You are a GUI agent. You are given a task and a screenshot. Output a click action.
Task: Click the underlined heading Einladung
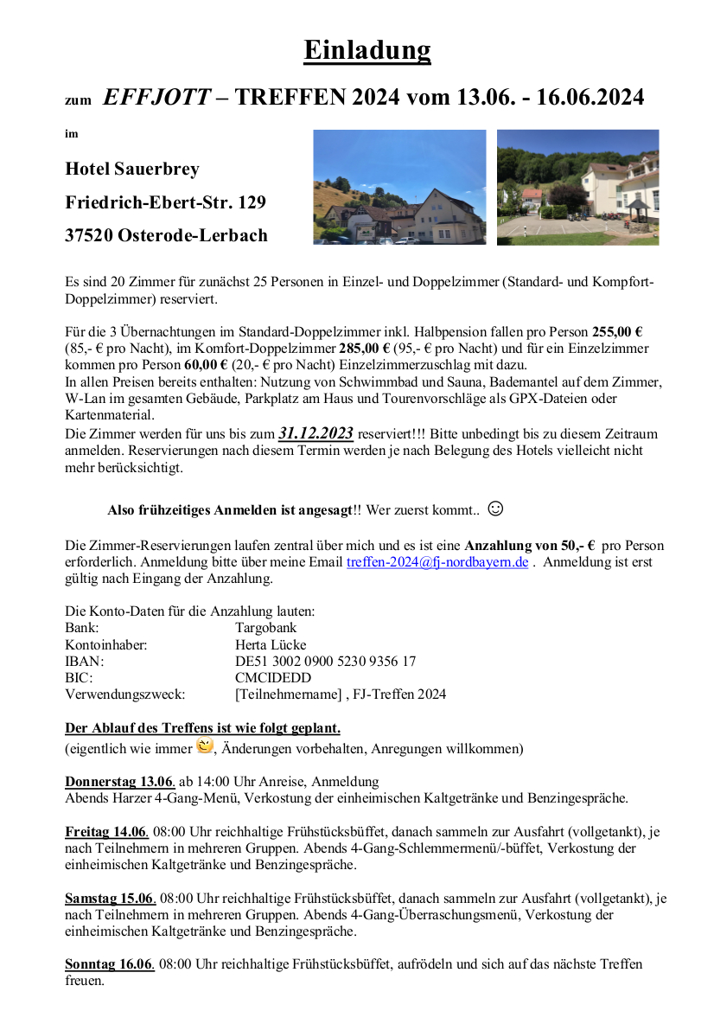(367, 50)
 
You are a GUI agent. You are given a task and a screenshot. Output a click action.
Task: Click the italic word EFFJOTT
(156, 98)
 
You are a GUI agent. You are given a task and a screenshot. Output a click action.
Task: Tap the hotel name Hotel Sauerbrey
(132, 169)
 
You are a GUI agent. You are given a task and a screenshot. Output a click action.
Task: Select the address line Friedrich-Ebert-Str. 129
(165, 202)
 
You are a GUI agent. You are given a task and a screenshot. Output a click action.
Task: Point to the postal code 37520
(89, 235)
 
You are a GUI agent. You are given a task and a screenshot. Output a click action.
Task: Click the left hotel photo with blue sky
(398, 188)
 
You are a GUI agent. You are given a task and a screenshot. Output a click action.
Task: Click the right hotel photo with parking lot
(577, 188)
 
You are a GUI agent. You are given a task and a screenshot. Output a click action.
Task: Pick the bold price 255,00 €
(616, 332)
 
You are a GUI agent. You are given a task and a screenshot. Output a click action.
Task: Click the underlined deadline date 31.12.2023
(316, 433)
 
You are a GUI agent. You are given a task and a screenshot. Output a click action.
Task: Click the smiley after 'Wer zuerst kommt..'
(495, 509)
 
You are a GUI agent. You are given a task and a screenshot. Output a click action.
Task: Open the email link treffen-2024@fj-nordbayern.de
(437, 562)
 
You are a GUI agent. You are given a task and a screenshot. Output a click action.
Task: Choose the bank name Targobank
(265, 628)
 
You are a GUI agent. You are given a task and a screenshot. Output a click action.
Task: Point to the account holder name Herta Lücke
(271, 644)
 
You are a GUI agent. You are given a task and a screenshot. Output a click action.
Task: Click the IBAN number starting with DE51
(325, 661)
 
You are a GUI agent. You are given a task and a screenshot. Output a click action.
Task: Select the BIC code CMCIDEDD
(272, 677)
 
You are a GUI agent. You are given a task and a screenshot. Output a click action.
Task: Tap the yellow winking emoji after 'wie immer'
(205, 745)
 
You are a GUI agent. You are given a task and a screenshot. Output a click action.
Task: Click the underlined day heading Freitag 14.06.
(106, 832)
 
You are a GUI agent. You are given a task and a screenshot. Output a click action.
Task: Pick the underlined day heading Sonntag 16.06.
(110, 963)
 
